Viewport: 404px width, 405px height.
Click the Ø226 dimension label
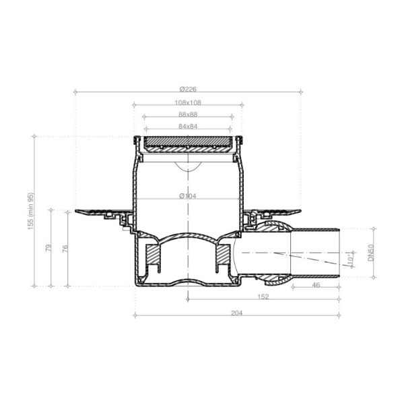tap(188, 89)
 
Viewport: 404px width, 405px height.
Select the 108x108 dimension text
tap(188, 102)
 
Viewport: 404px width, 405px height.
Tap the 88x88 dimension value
tap(188, 114)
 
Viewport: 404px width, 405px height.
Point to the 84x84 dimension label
tap(188, 126)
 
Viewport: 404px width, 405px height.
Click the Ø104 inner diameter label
tap(188, 196)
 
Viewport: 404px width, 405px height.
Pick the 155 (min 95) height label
tap(31, 211)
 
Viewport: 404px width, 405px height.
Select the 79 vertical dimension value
tap(48, 248)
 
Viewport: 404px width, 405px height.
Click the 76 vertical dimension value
tap(65, 249)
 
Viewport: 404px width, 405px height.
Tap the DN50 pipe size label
tap(371, 253)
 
